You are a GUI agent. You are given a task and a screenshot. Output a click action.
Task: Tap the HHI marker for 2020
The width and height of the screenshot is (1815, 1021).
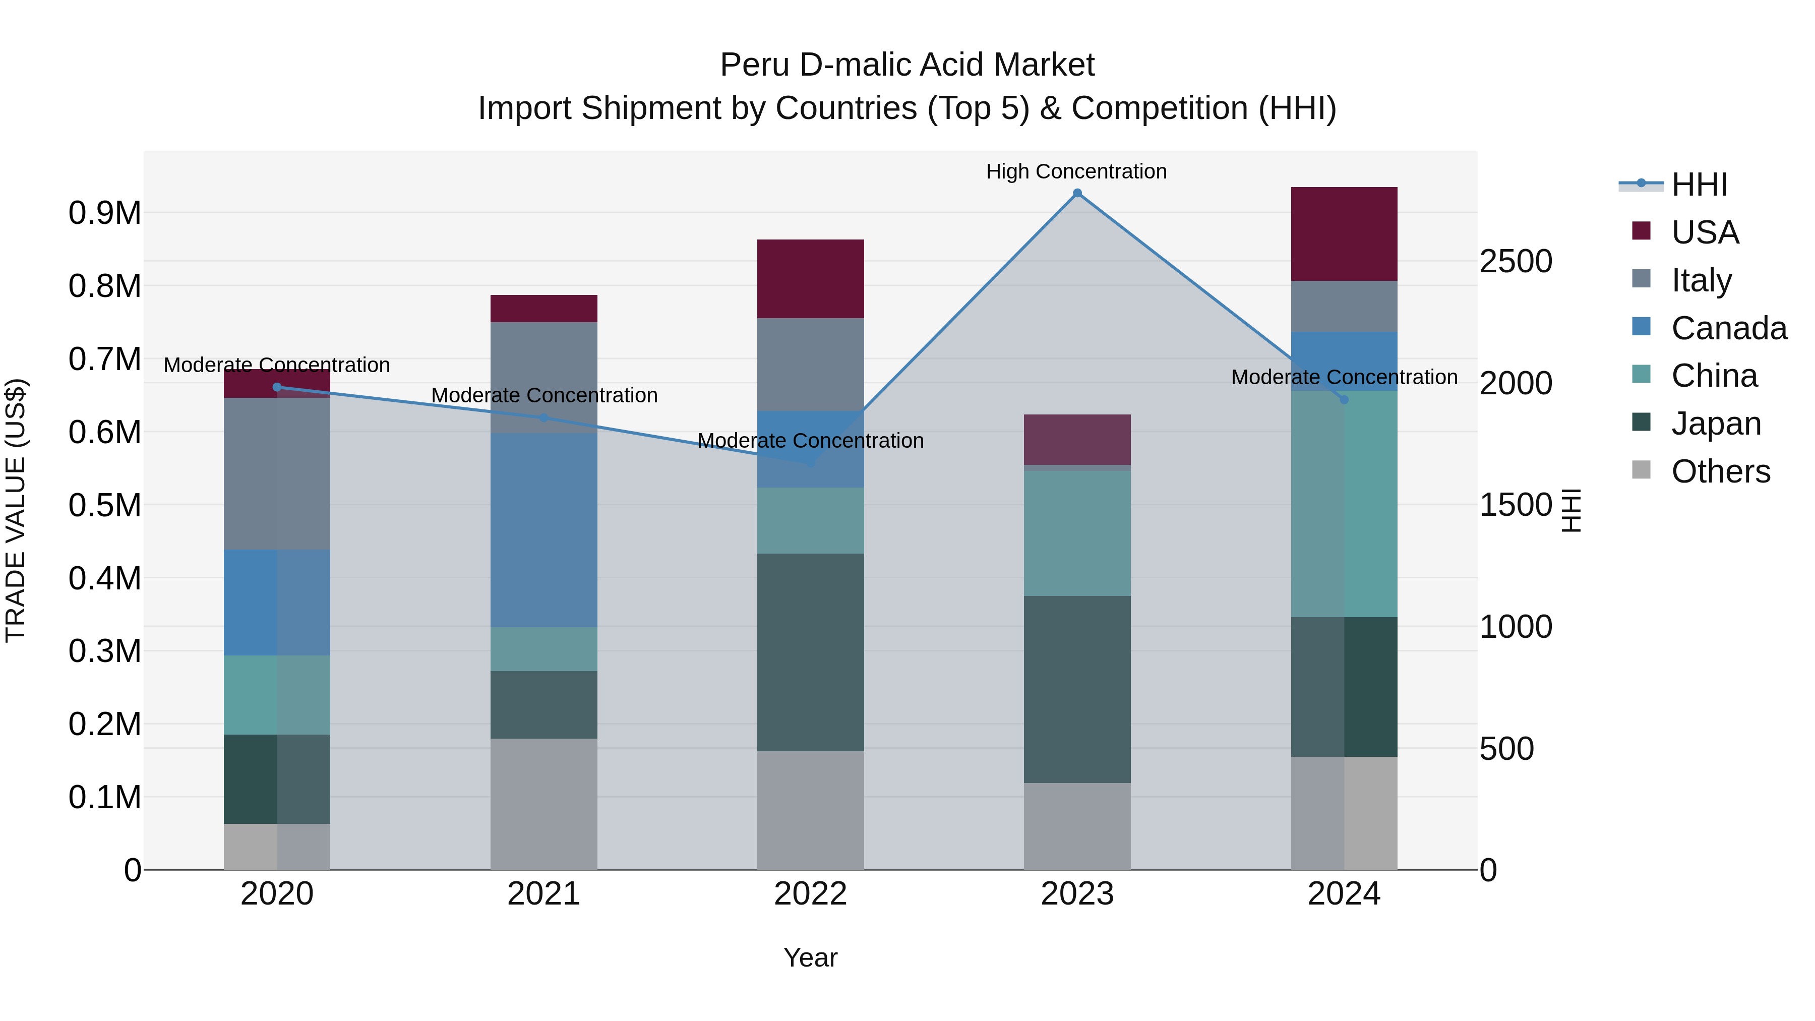[x=277, y=387]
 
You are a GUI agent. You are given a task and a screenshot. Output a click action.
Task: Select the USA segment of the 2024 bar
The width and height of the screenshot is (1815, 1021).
[x=1344, y=234]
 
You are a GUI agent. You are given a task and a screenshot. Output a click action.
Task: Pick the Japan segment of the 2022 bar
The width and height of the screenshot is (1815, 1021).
[x=810, y=652]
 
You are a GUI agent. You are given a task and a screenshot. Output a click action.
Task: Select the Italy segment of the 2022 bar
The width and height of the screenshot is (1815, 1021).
[x=810, y=365]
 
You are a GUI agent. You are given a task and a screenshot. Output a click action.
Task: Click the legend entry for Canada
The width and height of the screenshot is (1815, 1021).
[x=1728, y=328]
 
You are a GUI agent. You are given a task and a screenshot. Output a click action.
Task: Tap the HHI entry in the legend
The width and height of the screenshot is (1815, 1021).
[x=1698, y=185]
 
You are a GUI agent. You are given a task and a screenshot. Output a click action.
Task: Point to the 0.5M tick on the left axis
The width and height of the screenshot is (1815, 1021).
[x=104, y=505]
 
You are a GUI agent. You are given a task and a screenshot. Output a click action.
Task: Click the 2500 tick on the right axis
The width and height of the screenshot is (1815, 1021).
[x=1515, y=261]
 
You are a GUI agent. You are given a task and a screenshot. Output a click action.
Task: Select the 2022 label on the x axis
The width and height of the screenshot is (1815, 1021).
[x=810, y=894]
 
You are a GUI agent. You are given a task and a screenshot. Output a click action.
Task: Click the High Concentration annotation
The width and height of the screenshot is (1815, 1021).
[x=1076, y=171]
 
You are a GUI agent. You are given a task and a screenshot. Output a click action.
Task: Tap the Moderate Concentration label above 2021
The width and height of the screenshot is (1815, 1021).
[x=544, y=395]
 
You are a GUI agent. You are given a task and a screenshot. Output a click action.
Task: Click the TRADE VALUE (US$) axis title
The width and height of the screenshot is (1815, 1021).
[x=16, y=510]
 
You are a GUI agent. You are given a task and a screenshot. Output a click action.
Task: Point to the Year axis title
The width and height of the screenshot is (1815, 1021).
[x=810, y=957]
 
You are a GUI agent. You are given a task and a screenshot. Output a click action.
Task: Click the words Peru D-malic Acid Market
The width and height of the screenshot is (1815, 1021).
[x=907, y=65]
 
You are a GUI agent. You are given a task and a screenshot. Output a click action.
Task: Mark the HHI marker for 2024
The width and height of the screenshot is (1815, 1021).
[x=1344, y=399]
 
